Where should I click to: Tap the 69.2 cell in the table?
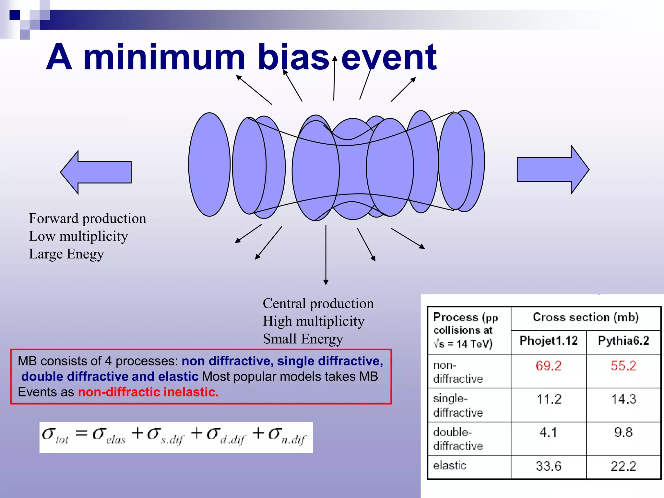548,366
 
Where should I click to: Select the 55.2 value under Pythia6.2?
623,366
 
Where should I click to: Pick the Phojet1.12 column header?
548,341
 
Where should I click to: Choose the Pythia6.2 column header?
623,341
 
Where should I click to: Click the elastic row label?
450,466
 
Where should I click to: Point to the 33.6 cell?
548,466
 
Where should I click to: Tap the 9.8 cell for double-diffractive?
623,433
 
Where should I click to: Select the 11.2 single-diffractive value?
548,399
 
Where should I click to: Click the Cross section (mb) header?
586,317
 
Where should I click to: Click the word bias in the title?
293,57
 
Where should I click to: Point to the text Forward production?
87,219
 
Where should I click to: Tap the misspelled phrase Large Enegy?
66,254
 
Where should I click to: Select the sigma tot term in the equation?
55,436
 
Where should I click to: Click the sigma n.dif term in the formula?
287,436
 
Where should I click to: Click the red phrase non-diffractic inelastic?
148,392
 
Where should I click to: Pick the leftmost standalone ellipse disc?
209,164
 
